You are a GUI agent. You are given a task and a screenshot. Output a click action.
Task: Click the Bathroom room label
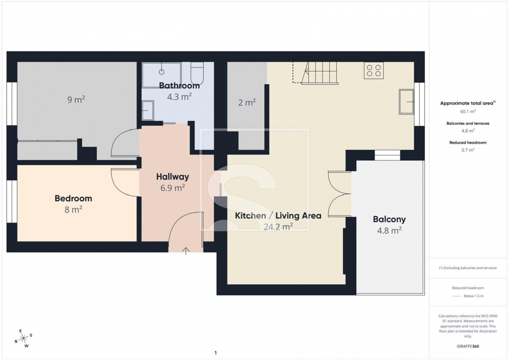[179, 85]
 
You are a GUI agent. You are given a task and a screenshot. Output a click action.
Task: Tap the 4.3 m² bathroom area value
[179, 97]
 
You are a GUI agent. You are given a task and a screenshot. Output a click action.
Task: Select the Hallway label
[173, 177]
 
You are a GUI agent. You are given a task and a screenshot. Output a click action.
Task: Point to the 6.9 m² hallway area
[173, 188]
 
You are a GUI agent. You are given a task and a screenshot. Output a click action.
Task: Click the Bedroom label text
[73, 198]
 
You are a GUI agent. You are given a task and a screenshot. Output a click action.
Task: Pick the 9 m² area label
[76, 100]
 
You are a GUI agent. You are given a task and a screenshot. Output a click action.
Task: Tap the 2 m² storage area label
[247, 103]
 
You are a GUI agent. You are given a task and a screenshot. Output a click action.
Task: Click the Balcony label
[389, 219]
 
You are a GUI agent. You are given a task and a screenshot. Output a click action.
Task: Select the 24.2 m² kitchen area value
[278, 227]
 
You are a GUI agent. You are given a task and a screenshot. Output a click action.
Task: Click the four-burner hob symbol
[374, 70]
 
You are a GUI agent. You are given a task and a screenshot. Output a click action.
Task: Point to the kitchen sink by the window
[406, 101]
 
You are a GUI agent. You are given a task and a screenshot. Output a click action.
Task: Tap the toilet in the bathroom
[197, 73]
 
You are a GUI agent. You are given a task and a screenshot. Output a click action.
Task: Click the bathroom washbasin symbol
[148, 110]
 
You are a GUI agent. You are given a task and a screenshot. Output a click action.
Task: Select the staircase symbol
[319, 73]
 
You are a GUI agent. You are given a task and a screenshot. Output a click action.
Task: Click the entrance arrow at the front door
[186, 251]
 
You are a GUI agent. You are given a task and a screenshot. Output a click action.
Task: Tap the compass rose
[23, 338]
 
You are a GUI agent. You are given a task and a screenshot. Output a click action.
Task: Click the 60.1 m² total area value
[468, 111]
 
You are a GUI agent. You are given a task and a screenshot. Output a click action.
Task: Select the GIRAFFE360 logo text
[468, 346]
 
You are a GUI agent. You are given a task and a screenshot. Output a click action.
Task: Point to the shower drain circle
[162, 72]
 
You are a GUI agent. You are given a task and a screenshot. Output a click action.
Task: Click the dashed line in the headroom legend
[456, 296]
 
